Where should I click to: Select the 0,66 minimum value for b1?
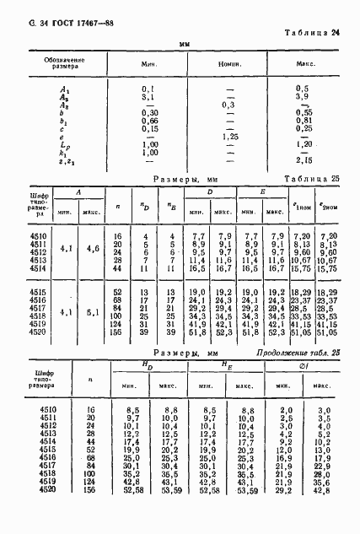pos(150,120)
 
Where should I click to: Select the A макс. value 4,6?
pos(93,251)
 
